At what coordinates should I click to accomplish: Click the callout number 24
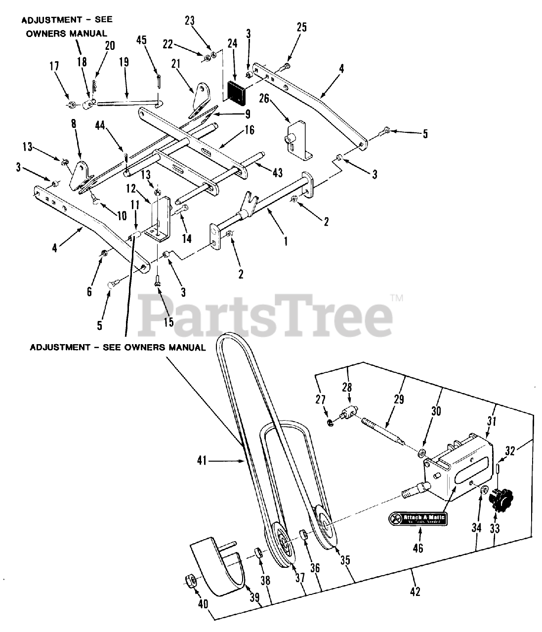coord(232,43)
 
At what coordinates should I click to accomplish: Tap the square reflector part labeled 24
coord(236,90)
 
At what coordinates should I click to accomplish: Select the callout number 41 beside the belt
coord(202,461)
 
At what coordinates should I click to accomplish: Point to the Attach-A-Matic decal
coord(417,518)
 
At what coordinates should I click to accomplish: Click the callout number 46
coord(418,548)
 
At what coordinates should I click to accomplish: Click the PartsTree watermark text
coord(267,314)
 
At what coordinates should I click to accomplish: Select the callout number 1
coord(286,242)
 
